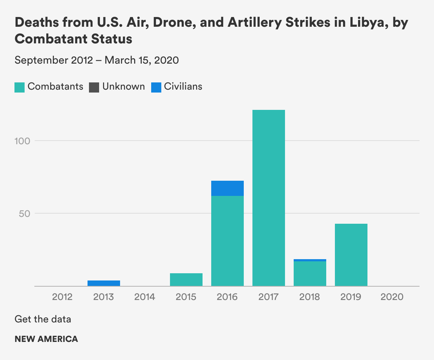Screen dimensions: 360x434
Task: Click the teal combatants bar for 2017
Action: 268,198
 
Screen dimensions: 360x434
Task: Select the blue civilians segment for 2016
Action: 227,188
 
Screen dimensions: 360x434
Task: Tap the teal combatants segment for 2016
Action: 227,241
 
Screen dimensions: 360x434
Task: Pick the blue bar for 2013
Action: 103,283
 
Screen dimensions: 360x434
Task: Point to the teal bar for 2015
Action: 186,279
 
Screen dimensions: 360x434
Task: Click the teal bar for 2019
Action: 351,255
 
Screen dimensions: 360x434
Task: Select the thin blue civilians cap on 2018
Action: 310,260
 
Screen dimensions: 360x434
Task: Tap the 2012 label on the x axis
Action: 62,297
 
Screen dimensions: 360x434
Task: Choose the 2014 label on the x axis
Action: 145,297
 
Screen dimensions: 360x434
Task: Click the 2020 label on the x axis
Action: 392,297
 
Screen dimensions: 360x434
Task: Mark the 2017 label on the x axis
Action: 268,297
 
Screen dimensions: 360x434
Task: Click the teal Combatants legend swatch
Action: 20,87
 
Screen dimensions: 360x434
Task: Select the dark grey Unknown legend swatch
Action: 94,87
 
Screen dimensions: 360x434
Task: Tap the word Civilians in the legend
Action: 183,87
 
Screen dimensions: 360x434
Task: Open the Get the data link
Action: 43,319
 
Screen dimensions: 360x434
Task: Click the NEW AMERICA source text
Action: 46,339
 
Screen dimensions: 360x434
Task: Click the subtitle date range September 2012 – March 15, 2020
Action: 97,60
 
